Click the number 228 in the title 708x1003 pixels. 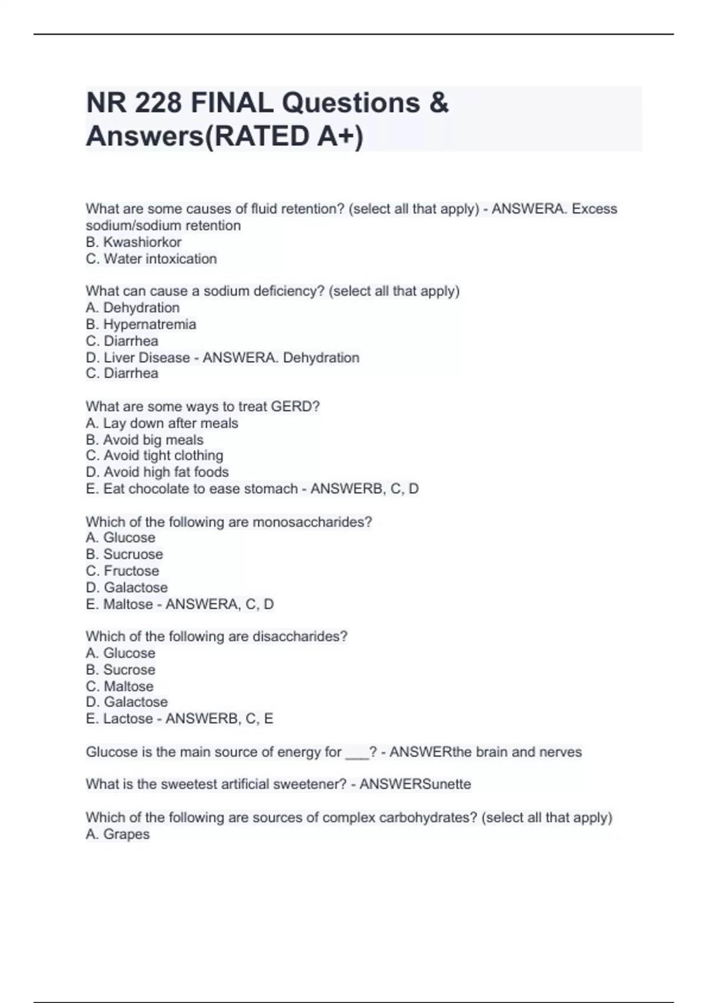(x=158, y=103)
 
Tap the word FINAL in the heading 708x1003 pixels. (x=232, y=103)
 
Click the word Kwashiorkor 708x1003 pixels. (x=142, y=242)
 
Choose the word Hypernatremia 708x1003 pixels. (x=150, y=324)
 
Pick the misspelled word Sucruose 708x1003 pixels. (x=133, y=554)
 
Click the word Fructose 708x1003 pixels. (x=132, y=571)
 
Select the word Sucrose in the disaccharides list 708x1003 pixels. (x=129, y=670)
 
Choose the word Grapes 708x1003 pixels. (x=126, y=834)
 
